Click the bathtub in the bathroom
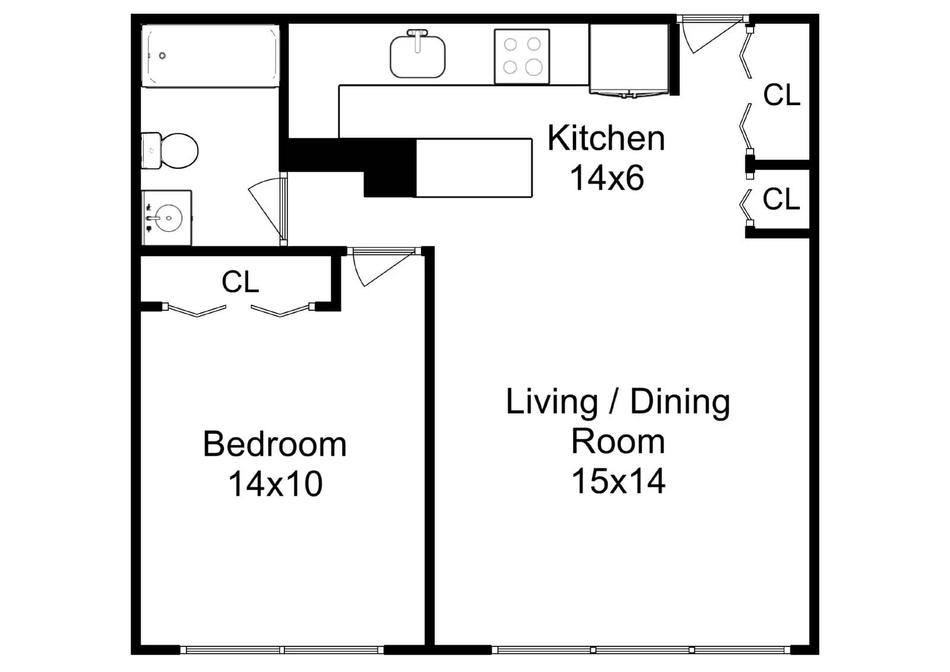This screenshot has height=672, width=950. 210,56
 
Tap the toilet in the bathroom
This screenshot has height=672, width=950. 172,151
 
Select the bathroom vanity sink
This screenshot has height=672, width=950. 167,218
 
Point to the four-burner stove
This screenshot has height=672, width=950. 522,56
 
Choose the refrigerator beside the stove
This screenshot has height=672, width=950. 629,58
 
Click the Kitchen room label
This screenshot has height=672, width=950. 606,138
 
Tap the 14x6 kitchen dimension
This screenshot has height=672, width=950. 606,178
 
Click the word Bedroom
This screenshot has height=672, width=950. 274,444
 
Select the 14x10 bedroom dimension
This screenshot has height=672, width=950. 275,484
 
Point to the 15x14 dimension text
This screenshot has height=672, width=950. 617,481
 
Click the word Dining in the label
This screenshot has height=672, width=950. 680,402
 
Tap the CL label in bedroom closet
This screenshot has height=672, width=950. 240,282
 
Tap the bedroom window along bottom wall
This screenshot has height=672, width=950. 282,649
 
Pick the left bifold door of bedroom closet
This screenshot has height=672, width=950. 197,311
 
